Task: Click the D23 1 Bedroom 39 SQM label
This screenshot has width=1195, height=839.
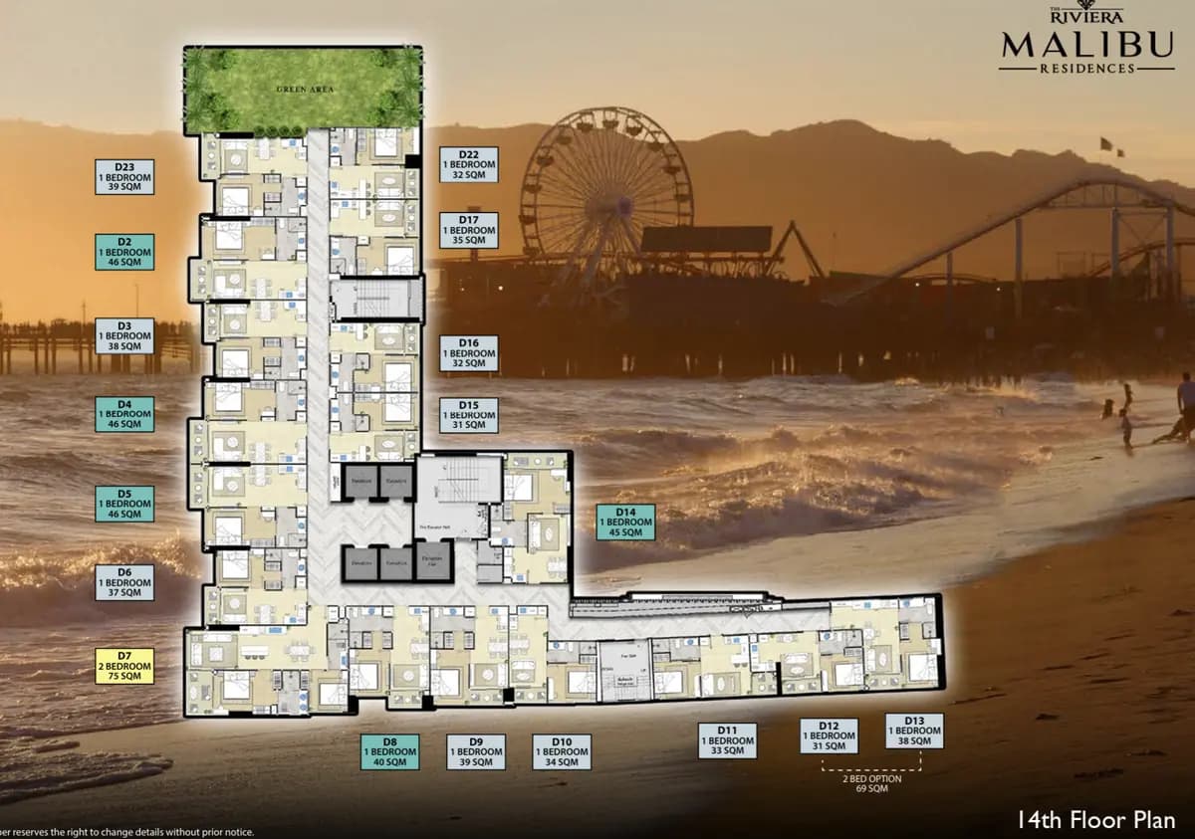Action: point(124,176)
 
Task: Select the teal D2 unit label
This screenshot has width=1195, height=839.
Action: point(124,252)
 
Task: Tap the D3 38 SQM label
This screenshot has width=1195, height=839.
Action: point(124,335)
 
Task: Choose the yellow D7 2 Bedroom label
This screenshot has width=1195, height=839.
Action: point(124,666)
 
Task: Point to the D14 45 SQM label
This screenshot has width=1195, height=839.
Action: point(626,523)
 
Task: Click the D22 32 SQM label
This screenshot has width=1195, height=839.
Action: point(469,164)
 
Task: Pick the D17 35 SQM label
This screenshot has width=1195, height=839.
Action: point(469,230)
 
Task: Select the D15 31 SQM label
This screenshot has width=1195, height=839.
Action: point(469,415)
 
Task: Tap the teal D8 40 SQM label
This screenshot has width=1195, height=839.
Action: point(389,752)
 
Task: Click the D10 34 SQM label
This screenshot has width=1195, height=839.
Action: point(562,752)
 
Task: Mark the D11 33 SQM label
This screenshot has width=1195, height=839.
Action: point(727,740)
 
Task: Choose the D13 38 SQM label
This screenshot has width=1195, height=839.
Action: point(914,731)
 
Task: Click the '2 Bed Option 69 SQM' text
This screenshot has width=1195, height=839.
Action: point(871,783)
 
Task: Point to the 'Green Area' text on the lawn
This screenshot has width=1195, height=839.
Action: point(305,90)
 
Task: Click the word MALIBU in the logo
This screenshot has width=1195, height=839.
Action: point(1085,45)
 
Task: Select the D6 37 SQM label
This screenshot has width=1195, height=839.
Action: point(124,582)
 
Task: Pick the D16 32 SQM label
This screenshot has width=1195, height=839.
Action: point(469,353)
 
